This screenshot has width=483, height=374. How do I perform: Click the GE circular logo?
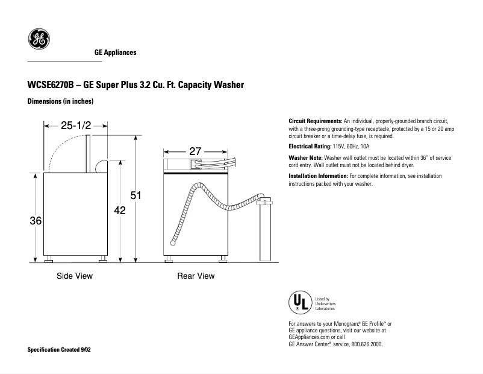tap(39, 40)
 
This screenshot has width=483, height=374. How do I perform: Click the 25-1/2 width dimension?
tap(75, 126)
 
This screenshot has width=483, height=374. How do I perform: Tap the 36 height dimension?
tap(36, 221)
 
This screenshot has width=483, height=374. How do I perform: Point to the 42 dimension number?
tap(120, 210)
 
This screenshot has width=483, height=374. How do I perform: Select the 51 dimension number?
tap(136, 195)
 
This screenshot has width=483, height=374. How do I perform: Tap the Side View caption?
tap(75, 276)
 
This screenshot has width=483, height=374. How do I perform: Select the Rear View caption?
tap(196, 276)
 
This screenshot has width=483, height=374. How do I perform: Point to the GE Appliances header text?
tap(116, 52)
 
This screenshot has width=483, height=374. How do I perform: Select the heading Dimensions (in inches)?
tap(60, 101)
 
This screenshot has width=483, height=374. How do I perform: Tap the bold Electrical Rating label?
tap(310, 147)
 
